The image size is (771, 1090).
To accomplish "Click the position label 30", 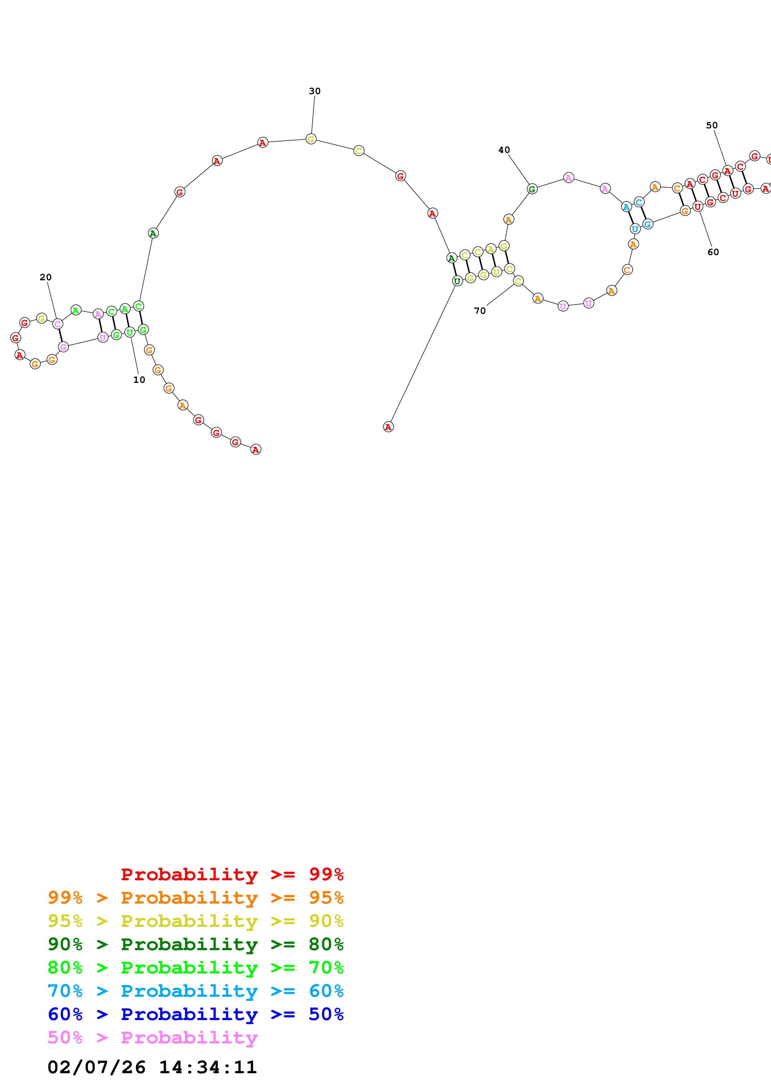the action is point(314,91).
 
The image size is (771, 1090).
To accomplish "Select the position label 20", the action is point(46,277).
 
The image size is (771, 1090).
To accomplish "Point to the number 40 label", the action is point(504,150).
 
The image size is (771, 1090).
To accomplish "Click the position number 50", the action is point(712,125).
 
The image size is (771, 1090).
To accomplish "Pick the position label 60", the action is point(713,252).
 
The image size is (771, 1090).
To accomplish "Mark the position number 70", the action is point(480,311).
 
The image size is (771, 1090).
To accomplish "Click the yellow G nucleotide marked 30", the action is point(311,139).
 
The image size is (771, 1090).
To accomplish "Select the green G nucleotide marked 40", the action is point(532,189).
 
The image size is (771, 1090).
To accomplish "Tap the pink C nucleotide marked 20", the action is point(58,324).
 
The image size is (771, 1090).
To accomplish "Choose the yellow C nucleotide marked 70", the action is point(518,281).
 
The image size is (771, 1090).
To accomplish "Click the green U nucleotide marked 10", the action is point(130,332).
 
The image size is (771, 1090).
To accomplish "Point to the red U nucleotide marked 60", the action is point(697,207).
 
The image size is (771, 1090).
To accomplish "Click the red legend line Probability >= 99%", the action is point(232,874).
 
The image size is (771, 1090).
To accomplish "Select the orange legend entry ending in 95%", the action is point(195,898).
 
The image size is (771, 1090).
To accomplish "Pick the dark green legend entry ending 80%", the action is point(195,944).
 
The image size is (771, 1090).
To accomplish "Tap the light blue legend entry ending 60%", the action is point(195,991).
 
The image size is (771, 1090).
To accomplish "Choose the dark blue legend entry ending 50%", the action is point(195,1014).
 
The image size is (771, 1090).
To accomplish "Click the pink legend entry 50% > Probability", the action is point(152,1037).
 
